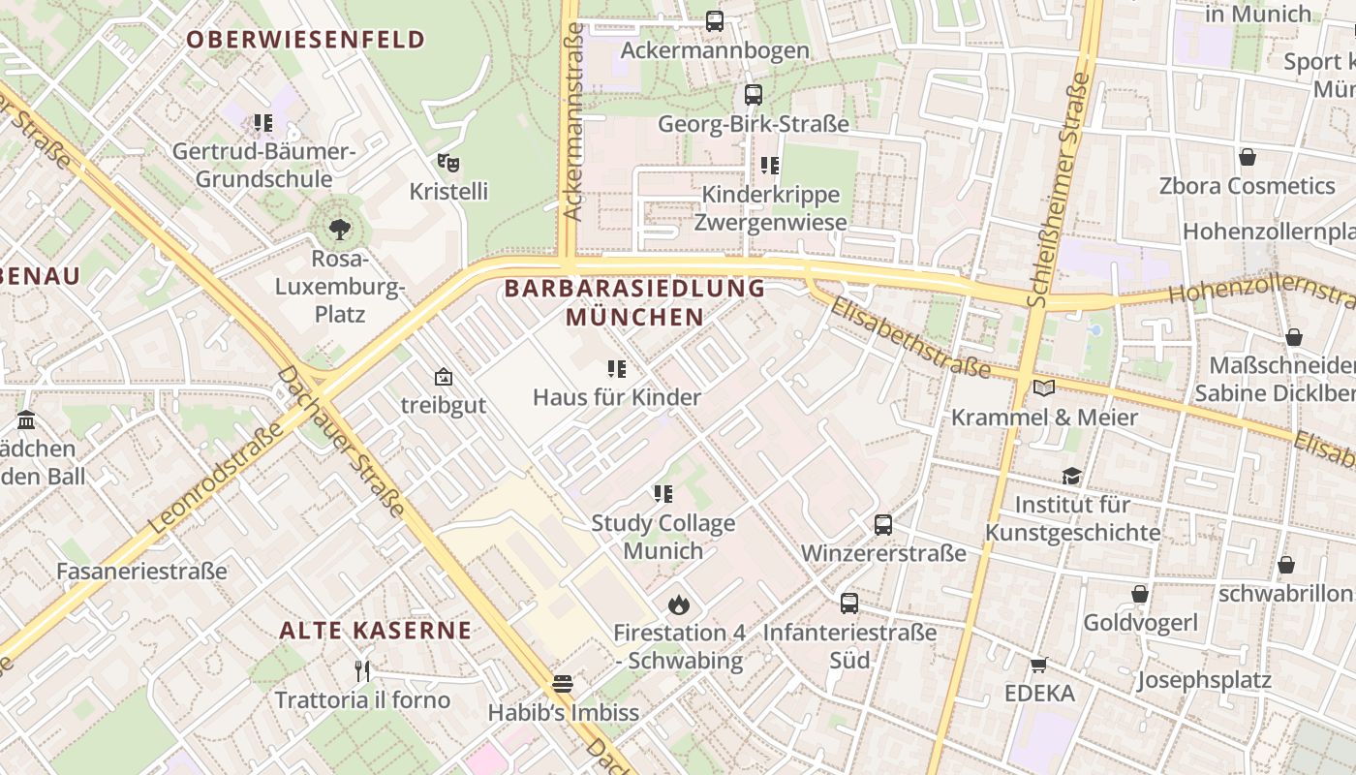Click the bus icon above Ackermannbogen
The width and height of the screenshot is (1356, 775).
(715, 20)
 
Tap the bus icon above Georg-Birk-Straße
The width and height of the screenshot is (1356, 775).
(754, 95)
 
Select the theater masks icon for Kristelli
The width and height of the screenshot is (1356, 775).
(447, 162)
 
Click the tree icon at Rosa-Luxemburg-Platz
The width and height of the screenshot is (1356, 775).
(339, 230)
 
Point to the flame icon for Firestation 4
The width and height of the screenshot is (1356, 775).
(678, 604)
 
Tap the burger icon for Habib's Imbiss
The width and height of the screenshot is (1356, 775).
(563, 684)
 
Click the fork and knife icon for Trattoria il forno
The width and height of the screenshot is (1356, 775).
(361, 670)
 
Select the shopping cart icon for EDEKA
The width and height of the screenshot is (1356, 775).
(1039, 665)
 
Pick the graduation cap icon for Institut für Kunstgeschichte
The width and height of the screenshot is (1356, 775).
(1071, 476)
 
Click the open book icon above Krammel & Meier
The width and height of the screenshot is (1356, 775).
(1043, 388)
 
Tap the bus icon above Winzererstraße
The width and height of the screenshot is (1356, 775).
(883, 525)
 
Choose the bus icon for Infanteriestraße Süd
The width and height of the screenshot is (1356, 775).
(849, 603)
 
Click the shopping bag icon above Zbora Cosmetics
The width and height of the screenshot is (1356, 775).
(1248, 157)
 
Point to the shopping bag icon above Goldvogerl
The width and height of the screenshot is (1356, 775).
(1140, 594)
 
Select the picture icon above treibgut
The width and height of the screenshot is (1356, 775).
(444, 377)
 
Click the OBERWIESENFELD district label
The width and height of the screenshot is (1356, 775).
(305, 40)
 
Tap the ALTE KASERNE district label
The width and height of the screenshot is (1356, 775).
(376, 631)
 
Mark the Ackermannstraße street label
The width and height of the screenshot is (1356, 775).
(572, 121)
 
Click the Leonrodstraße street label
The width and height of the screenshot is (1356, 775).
(218, 477)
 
